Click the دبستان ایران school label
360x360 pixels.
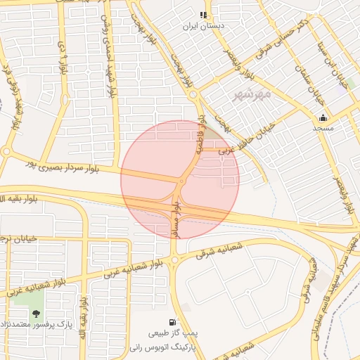click(203, 26)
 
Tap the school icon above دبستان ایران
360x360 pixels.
click(203, 15)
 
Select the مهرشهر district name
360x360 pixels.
click(251, 93)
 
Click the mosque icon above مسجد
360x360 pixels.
click(323, 117)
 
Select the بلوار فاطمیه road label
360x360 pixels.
click(202, 135)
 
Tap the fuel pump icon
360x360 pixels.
click(173, 321)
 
